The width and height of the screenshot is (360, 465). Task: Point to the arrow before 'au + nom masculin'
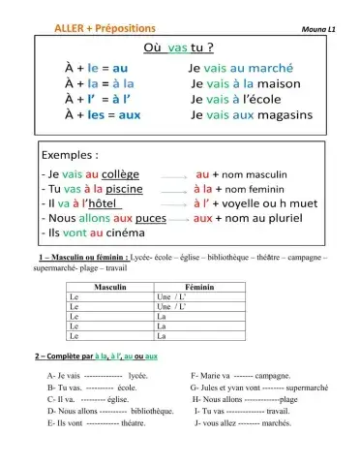point(175,175)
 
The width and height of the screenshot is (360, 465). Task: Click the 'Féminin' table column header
point(198,289)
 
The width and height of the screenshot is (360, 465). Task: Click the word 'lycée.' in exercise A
point(137,374)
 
